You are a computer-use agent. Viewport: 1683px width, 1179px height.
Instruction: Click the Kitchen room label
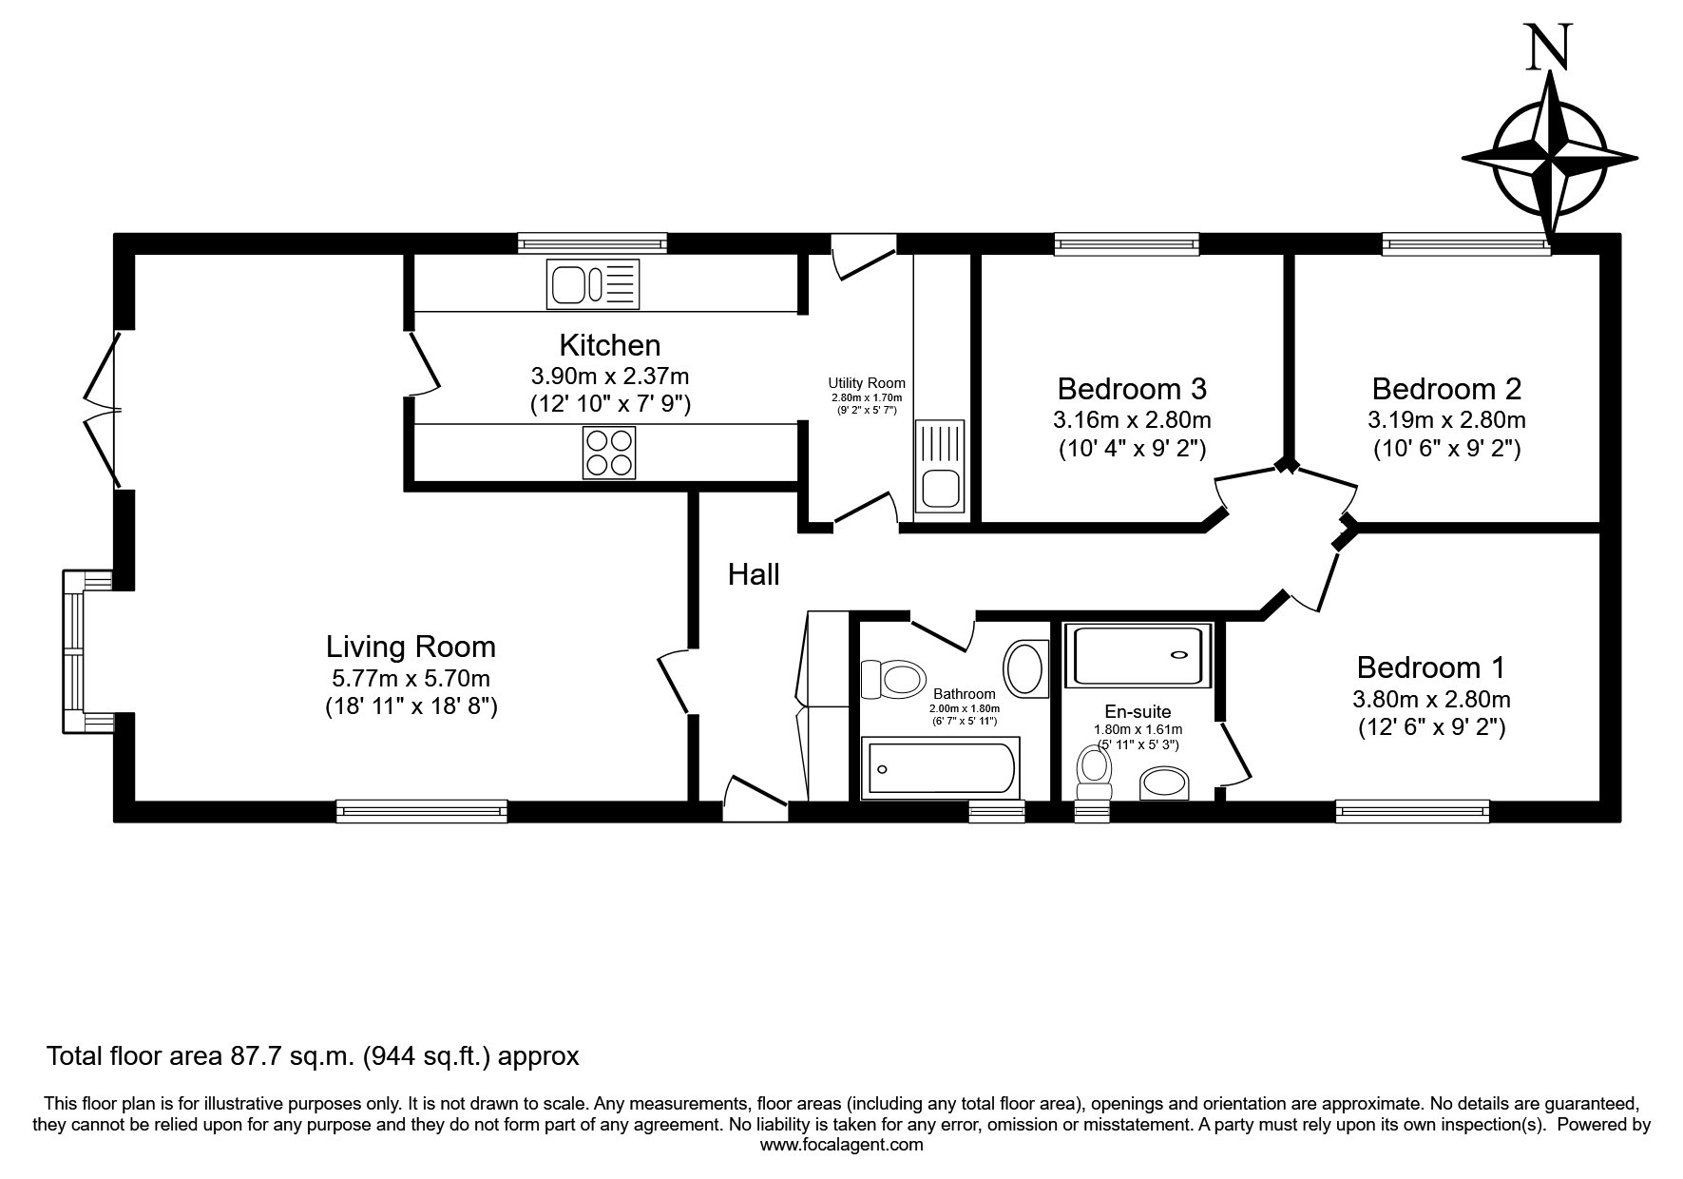click(x=609, y=344)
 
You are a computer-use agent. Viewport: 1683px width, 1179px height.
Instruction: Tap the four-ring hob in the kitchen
click(x=609, y=453)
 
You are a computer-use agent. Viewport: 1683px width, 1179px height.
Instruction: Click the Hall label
click(x=754, y=574)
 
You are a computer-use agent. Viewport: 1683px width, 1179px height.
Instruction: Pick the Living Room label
click(x=411, y=647)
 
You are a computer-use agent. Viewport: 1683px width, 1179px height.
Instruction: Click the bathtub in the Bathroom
click(x=941, y=767)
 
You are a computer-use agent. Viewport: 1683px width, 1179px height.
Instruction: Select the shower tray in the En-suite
click(x=1138, y=655)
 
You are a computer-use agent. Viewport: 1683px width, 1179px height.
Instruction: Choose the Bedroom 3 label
click(x=1132, y=389)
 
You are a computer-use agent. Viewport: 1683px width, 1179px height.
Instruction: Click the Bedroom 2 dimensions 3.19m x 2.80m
click(x=1446, y=419)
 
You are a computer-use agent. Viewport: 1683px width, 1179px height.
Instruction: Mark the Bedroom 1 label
click(x=1431, y=667)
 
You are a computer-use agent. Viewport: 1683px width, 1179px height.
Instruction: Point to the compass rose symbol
click(x=1549, y=157)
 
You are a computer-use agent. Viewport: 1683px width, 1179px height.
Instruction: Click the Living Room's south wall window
click(x=421, y=811)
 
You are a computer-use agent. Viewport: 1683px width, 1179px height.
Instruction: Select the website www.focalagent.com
click(x=842, y=1145)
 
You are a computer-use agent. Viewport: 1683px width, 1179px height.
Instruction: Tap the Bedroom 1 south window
click(x=1412, y=811)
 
